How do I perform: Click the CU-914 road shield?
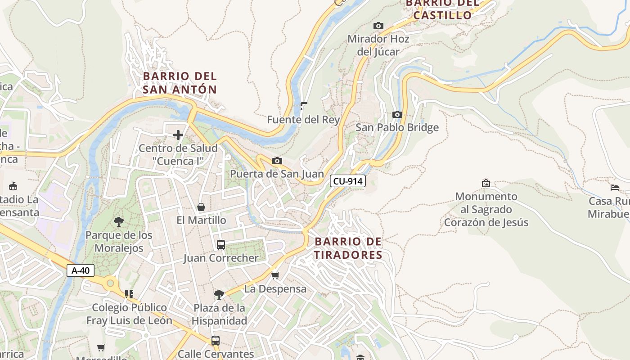pos(347,181)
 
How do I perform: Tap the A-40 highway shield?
pos(81,270)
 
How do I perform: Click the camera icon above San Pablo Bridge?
pos(397,115)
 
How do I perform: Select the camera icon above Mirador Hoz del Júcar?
pos(378,26)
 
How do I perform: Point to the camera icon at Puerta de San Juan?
pos(277,161)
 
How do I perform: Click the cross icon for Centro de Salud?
pos(178,135)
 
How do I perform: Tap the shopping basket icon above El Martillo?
pos(201,207)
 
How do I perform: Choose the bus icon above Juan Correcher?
pos(220,245)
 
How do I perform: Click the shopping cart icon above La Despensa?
pos(275,275)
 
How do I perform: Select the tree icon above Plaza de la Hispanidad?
pos(219,295)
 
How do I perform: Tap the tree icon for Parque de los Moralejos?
pos(119,221)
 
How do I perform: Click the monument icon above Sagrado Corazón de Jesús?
pos(486,183)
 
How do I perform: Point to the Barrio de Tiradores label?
pos(348,248)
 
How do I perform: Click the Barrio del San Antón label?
pos(180,83)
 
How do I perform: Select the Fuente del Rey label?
pos(303,120)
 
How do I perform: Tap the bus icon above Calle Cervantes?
pos(216,341)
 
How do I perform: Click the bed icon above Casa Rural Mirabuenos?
pos(615,188)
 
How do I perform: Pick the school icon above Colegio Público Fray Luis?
pos(129,294)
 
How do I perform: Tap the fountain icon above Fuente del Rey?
pos(304,106)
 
